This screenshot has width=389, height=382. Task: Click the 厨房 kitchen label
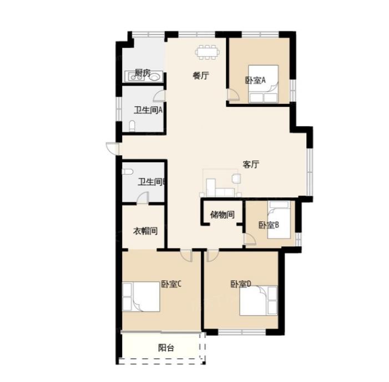click(x=143, y=73)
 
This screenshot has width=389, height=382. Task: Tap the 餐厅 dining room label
click(x=201, y=76)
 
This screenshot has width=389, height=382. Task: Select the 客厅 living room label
click(x=251, y=164)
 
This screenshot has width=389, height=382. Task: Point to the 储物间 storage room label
click(x=223, y=215)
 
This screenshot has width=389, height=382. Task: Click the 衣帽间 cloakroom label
click(x=145, y=231)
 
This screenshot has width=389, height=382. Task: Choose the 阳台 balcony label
click(x=166, y=348)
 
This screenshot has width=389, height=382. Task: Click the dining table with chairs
click(x=207, y=52)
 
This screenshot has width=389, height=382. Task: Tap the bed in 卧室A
click(x=263, y=84)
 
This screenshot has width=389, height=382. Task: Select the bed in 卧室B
click(x=279, y=220)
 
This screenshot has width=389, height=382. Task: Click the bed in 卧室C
click(x=141, y=296)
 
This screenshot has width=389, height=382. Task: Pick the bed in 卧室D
click(x=258, y=300)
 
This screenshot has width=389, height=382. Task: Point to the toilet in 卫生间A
click(x=132, y=126)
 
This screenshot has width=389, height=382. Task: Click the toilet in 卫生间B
click(x=128, y=172)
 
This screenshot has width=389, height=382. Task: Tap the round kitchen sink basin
click(x=154, y=77)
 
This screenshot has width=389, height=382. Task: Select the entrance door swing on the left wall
click(x=112, y=148)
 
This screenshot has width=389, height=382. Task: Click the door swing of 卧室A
click(x=233, y=95)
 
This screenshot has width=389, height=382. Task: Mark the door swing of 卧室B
click(x=250, y=239)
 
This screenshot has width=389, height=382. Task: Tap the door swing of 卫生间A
click(x=159, y=96)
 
